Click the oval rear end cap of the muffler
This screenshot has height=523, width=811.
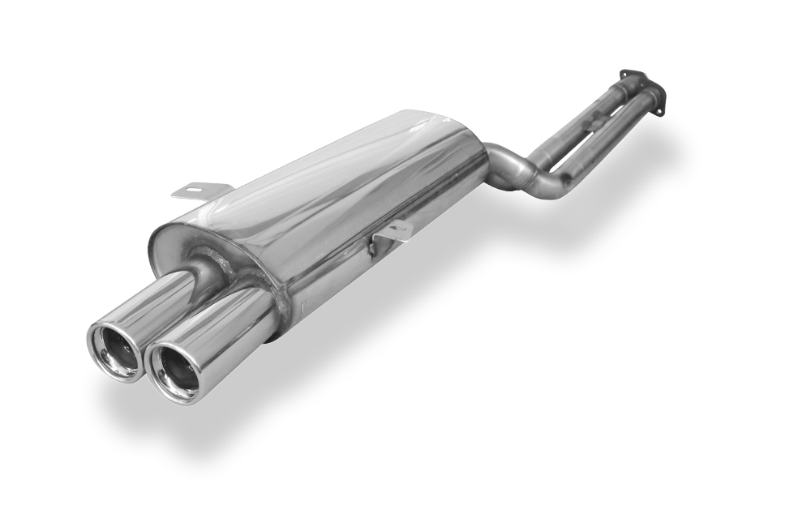[174, 251]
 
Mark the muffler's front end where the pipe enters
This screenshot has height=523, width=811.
[483, 162]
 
